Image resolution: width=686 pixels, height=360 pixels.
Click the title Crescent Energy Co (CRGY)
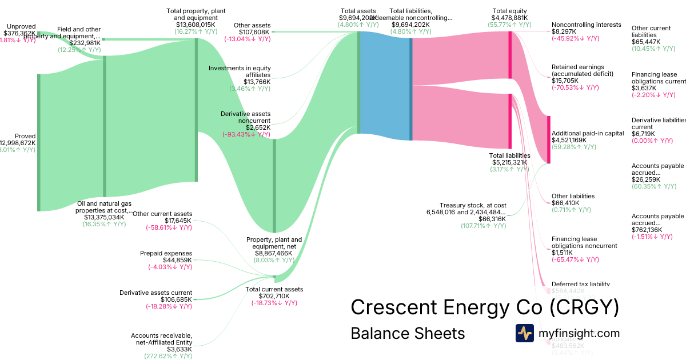pyautogui.click(x=485, y=307)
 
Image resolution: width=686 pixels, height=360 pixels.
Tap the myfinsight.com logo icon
pyautogui.click(x=524, y=333)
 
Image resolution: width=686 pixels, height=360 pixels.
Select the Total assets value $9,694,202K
pyautogui.click(x=357, y=18)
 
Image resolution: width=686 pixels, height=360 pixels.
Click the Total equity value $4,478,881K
pyautogui.click(x=510, y=18)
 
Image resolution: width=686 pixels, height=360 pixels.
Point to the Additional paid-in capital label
pyautogui.click(x=588, y=133)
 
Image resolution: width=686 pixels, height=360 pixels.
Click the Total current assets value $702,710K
pyautogui.click(x=274, y=296)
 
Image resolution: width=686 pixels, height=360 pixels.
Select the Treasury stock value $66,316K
pyautogui.click(x=492, y=219)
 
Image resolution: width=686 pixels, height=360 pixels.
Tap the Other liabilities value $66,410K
pyautogui.click(x=565, y=203)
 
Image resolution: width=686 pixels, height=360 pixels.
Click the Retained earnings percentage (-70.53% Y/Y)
pyautogui.click(x=575, y=87)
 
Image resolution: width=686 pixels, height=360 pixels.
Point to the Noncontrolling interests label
pyautogui.click(x=586, y=25)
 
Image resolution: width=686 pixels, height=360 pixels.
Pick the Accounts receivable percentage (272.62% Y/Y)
pyautogui.click(x=168, y=356)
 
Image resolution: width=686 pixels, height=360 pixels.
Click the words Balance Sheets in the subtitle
pyautogui.click(x=408, y=333)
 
